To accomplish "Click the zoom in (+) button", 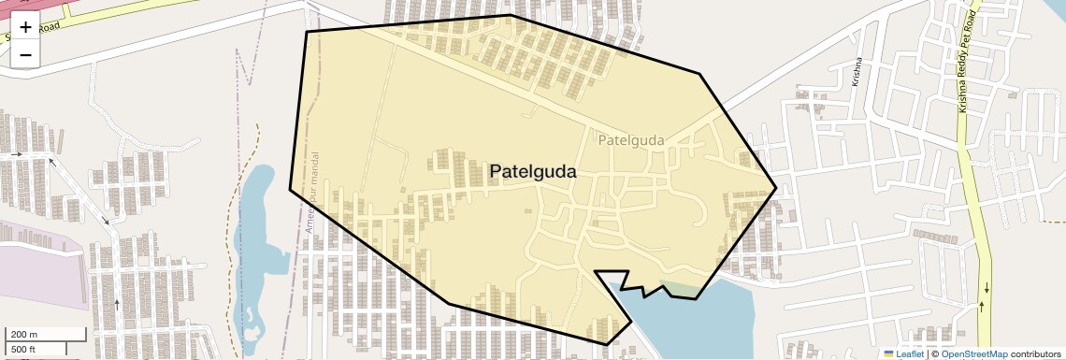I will point(25,27).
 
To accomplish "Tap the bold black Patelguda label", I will point(533,172).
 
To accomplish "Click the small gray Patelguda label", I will point(630,141).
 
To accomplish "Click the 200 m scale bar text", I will point(24,334).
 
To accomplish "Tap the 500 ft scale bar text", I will point(22,350).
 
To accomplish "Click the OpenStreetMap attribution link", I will point(973,353).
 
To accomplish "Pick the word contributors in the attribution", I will point(1036,353).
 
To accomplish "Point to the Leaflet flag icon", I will point(888,353).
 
